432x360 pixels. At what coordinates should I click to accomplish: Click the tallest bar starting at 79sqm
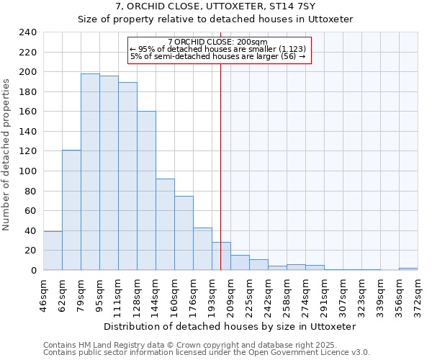click(90, 172)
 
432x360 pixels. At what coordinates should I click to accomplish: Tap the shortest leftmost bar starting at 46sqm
click(53, 251)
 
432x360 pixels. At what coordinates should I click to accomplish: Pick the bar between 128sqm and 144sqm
click(146, 191)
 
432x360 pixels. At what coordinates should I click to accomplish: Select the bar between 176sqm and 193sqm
click(202, 249)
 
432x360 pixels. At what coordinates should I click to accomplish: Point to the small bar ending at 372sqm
click(408, 269)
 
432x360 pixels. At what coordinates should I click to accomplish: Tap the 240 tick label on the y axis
click(28, 32)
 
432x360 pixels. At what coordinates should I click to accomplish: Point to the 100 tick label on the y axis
click(28, 171)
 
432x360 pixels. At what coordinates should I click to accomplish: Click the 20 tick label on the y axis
click(31, 251)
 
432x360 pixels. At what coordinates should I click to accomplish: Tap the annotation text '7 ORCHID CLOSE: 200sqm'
click(217, 42)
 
